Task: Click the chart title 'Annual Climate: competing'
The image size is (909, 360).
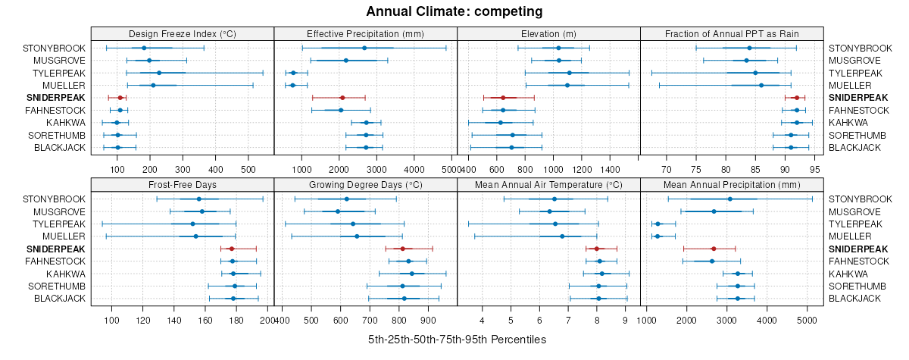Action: (454, 11)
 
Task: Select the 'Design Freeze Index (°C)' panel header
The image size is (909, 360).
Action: (183, 33)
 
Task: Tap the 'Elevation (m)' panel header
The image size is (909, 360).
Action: (548, 33)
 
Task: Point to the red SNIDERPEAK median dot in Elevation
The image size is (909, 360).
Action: (503, 98)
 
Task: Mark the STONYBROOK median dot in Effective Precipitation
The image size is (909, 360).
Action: (364, 48)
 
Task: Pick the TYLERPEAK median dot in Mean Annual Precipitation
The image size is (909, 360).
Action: (658, 224)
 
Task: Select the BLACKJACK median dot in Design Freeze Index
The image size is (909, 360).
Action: (117, 148)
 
